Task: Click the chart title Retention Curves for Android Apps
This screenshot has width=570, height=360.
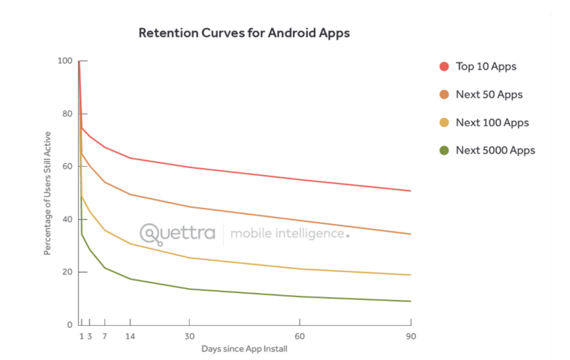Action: click(x=243, y=33)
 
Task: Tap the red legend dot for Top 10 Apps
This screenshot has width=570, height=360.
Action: click(x=444, y=66)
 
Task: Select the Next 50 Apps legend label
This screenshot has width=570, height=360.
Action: click(x=488, y=94)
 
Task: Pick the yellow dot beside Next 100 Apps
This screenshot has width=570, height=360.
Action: click(x=444, y=123)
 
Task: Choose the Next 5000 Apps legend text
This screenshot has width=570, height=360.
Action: click(x=495, y=150)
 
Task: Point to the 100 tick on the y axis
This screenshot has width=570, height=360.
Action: click(x=66, y=61)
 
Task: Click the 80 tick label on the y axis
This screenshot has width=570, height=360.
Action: click(x=68, y=114)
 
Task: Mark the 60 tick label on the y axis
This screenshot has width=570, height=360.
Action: click(x=68, y=166)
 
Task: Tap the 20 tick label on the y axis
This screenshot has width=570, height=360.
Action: click(x=68, y=272)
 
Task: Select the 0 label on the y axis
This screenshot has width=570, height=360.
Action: click(x=70, y=324)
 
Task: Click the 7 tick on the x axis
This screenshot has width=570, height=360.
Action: click(x=105, y=336)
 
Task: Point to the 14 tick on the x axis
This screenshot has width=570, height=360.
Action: click(x=130, y=336)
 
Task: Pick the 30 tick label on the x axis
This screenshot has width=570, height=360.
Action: click(x=189, y=336)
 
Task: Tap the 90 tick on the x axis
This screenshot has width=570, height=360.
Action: click(x=411, y=336)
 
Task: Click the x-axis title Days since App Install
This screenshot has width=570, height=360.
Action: click(x=244, y=349)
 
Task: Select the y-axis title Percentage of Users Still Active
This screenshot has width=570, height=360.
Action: click(x=47, y=193)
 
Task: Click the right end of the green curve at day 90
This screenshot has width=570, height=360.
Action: click(x=410, y=301)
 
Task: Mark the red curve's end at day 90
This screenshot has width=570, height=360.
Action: click(x=410, y=190)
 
